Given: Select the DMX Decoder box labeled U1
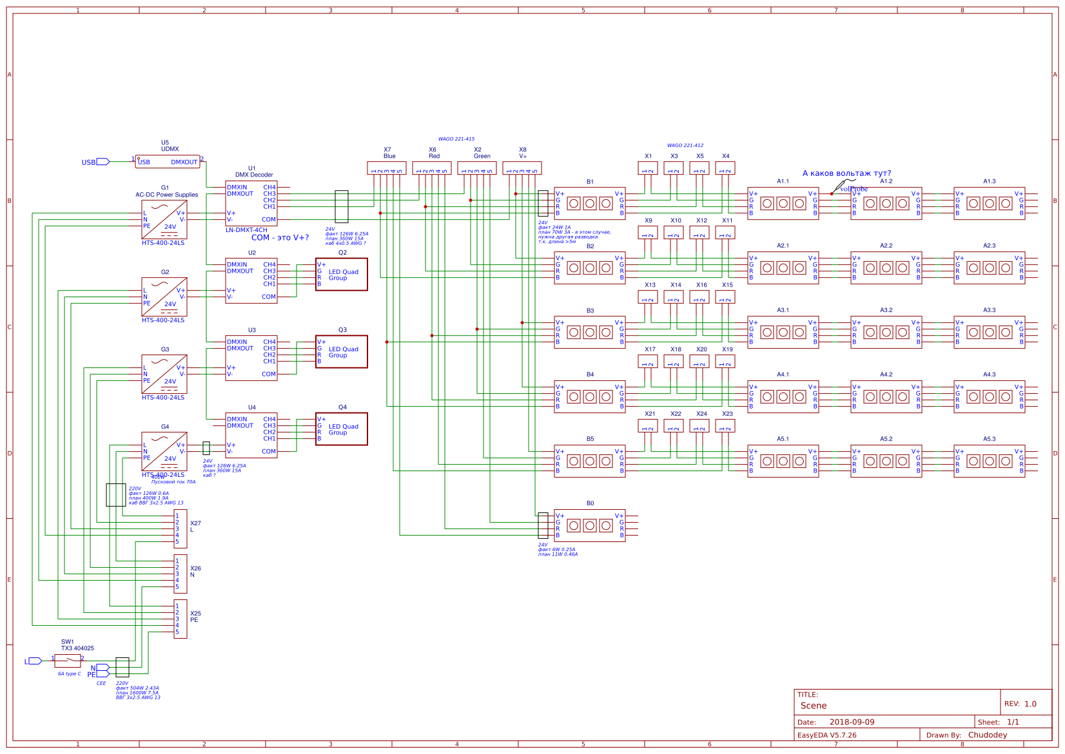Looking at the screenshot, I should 251,203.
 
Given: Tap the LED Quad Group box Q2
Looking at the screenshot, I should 342,275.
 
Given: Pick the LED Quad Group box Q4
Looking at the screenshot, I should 342,429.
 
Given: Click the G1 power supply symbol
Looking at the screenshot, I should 164,219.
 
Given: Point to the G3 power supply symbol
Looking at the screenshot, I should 164,374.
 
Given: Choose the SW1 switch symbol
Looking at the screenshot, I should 68,661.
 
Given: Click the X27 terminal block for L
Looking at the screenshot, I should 181,528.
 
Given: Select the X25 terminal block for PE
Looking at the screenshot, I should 181,619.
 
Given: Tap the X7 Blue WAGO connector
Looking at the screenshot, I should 387,168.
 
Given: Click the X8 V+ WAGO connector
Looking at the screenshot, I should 522,168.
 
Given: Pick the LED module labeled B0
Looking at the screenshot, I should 590,525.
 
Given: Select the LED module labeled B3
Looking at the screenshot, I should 590,332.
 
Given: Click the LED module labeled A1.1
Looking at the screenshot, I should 783,203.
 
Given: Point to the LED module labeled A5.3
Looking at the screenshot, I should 990,461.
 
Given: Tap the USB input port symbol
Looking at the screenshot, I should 103,162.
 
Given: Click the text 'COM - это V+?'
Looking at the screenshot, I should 280,238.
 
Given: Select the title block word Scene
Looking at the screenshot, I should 814,706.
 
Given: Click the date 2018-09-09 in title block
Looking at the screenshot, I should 852,722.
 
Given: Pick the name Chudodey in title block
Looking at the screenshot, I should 988,735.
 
